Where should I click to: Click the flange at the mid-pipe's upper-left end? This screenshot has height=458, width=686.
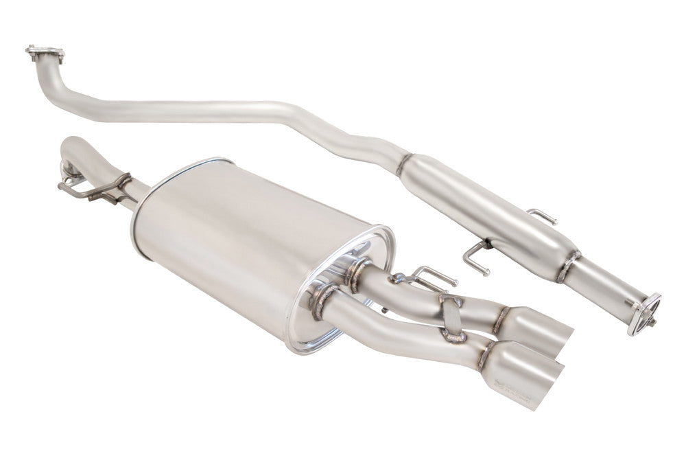(x=45, y=53)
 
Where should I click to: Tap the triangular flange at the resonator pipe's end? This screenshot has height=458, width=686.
(x=643, y=312)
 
